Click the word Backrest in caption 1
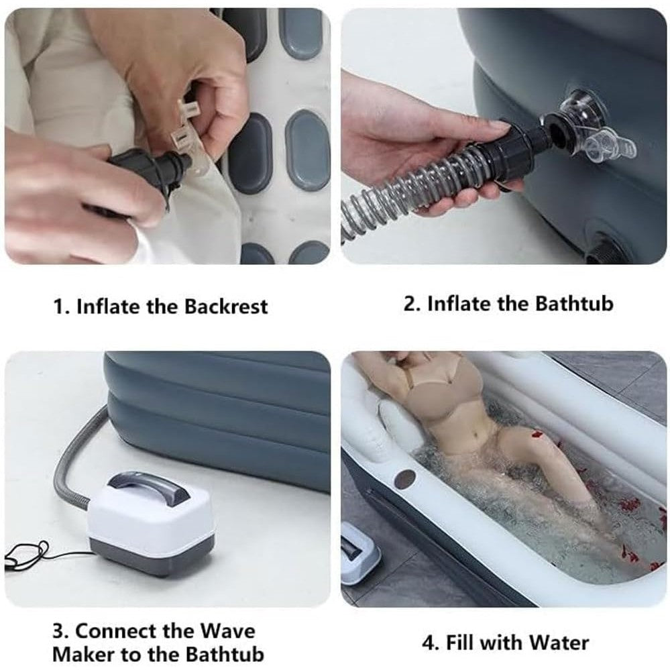[226, 306]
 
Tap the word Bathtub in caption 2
[574, 304]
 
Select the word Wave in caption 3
[228, 631]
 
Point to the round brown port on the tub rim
[405, 479]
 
